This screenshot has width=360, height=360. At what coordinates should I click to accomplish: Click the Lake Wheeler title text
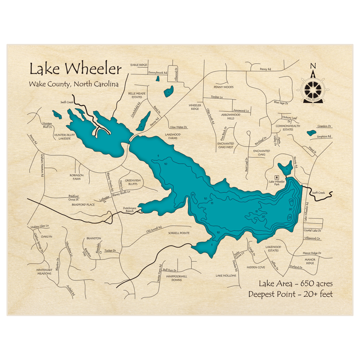click(x=76, y=68)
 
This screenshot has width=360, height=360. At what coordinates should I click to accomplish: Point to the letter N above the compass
click(x=313, y=66)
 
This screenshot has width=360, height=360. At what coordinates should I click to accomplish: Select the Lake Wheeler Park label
click(x=277, y=182)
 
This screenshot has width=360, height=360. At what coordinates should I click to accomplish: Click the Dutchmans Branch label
click(x=130, y=210)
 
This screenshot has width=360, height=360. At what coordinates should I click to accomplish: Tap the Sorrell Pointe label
click(x=179, y=233)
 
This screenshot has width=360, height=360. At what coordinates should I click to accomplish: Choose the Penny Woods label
click(x=224, y=87)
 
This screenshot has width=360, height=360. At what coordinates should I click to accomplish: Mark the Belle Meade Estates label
click(x=137, y=95)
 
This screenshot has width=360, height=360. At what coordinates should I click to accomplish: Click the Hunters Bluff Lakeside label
click(x=64, y=137)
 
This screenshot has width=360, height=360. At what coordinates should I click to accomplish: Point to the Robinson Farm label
click(x=76, y=177)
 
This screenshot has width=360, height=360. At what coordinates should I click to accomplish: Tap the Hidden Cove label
click(x=256, y=267)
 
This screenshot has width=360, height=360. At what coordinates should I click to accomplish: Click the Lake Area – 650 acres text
click(x=296, y=283)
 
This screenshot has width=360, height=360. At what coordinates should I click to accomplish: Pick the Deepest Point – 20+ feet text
click(x=291, y=294)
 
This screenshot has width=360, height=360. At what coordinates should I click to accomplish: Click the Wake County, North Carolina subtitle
click(x=74, y=85)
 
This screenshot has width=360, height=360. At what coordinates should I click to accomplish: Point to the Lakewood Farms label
click(x=173, y=136)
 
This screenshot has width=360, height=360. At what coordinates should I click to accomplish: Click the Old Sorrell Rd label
click(x=154, y=229)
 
